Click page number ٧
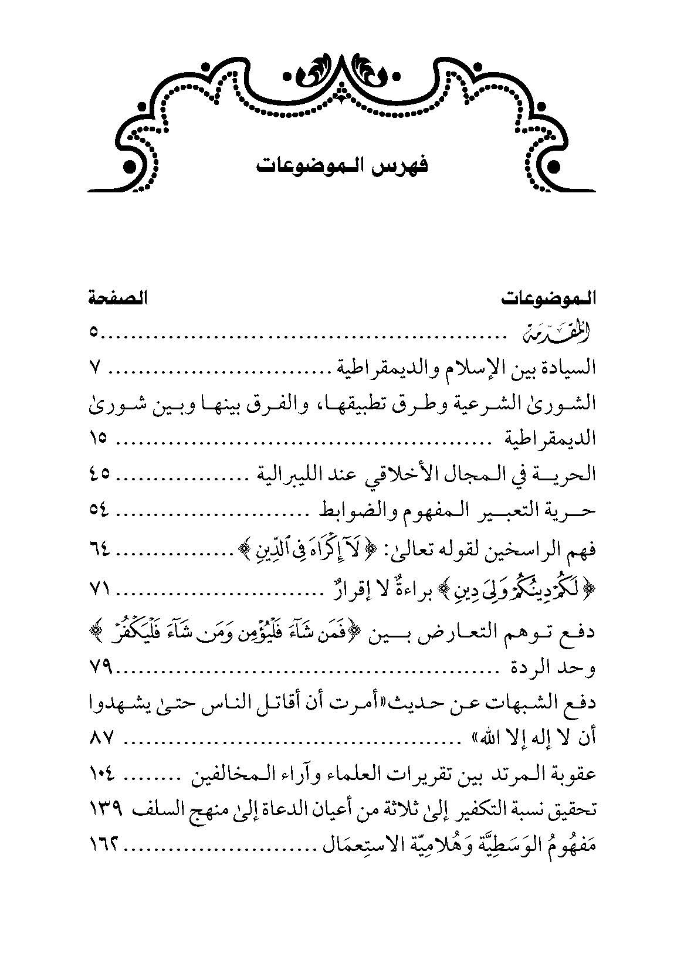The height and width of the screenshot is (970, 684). pyautogui.click(x=96, y=367)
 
